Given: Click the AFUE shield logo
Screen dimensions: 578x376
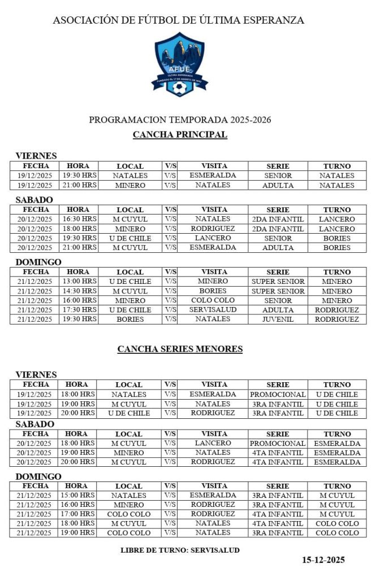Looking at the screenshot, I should [x=180, y=64].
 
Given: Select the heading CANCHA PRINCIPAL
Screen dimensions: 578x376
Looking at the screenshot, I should [x=180, y=135].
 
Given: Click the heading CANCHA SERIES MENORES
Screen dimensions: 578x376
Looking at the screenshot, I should [x=180, y=349].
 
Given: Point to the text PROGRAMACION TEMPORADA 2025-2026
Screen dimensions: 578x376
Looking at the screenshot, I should [x=180, y=120].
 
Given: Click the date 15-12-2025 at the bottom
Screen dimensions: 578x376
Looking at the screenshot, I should [x=323, y=560].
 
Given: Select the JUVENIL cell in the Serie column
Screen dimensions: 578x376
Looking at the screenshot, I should [x=278, y=319].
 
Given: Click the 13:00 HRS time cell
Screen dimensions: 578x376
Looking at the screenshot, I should [x=79, y=281].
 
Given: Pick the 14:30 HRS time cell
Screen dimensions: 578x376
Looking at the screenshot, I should [x=79, y=291].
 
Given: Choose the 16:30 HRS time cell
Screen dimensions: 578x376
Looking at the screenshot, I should [x=79, y=219].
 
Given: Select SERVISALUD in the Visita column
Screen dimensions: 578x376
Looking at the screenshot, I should [x=213, y=310].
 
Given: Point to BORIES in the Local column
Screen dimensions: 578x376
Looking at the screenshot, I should [x=130, y=319].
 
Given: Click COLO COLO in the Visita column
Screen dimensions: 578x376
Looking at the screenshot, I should [x=213, y=300].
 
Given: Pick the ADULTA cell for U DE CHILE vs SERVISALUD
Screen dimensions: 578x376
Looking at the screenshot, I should [x=278, y=310].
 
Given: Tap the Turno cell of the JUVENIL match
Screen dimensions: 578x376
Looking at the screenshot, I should [x=337, y=319].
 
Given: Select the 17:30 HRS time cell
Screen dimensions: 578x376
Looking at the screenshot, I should [x=79, y=310].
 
